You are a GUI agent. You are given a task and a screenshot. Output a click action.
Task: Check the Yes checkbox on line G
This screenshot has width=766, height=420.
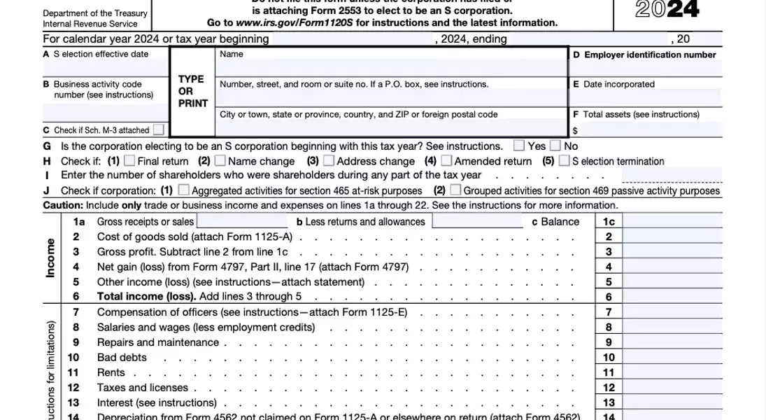tap(519, 146)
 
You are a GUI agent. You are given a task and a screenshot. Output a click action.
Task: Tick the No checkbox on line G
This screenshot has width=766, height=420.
tap(555, 146)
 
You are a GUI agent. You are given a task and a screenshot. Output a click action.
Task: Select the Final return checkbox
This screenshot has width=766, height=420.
tap(129, 161)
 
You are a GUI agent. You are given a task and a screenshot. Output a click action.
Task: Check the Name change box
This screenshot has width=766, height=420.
tap(220, 161)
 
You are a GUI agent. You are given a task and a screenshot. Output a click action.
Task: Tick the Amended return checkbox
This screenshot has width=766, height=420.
tap(446, 161)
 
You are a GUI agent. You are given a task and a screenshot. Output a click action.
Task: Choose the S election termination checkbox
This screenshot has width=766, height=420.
tap(564, 161)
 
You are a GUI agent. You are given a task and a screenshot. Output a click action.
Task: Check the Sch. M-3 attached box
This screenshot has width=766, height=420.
tap(159, 129)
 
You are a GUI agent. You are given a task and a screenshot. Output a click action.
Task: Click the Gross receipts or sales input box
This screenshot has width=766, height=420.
tap(243, 221)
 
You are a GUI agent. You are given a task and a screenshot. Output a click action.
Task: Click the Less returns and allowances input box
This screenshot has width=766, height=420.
tap(477, 221)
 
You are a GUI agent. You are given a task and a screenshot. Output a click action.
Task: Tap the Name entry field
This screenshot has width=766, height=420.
tap(390, 68)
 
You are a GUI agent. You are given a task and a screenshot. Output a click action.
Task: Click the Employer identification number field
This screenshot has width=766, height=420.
tap(646, 68)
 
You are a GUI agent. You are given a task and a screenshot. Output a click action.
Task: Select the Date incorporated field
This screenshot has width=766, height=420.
tap(646, 97)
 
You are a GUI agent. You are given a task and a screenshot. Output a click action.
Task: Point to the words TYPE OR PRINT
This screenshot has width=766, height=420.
tap(192, 91)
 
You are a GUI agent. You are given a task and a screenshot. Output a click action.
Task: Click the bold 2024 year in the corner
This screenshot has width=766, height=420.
tap(667, 10)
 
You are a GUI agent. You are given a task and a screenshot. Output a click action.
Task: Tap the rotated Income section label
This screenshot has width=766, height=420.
tap(50, 258)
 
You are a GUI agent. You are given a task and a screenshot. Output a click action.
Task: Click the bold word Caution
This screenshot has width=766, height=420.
tap(63, 206)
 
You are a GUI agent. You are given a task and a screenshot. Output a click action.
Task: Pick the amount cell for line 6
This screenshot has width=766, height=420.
tap(673, 297)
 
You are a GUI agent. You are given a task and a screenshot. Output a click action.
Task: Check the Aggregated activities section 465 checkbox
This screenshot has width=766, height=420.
tap(183, 190)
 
